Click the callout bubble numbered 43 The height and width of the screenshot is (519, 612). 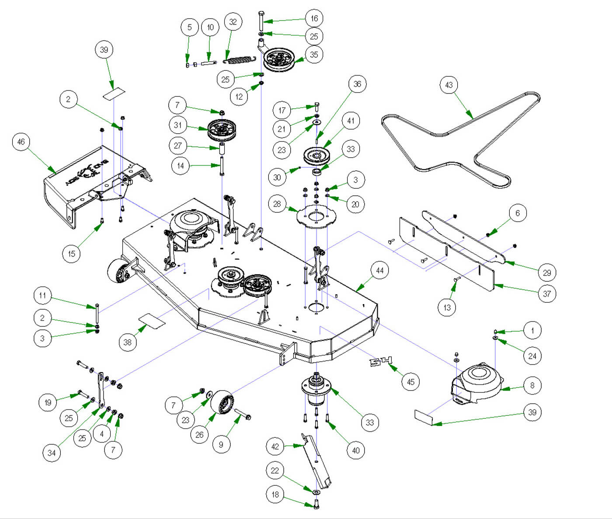click(x=449, y=85)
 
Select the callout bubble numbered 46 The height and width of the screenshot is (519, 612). click(x=21, y=142)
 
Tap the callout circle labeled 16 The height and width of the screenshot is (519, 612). click(x=314, y=18)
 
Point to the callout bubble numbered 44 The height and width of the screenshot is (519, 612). click(x=380, y=270)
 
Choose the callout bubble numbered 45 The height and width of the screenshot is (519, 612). click(x=410, y=382)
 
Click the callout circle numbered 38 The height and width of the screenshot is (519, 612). click(x=127, y=342)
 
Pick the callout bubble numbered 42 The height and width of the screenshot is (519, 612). click(x=275, y=446)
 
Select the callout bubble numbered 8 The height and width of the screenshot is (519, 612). click(x=532, y=385)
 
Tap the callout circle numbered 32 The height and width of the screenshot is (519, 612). click(x=233, y=22)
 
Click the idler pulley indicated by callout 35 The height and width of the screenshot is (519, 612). click(x=279, y=59)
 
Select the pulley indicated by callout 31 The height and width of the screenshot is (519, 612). click(x=221, y=128)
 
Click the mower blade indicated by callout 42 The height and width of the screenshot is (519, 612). click(x=316, y=461)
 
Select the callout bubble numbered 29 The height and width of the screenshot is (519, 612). click(x=547, y=273)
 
